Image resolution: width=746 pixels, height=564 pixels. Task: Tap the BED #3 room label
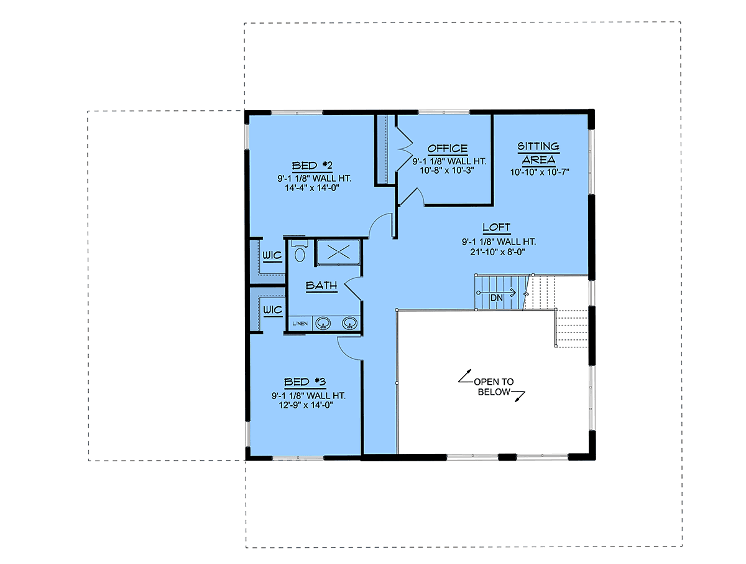(x=305, y=382)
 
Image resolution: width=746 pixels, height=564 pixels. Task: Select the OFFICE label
(x=447, y=148)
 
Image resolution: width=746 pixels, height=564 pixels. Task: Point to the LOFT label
(x=496, y=227)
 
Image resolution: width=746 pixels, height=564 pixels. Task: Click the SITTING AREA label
(x=538, y=153)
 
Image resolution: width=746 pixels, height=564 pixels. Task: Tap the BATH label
(x=321, y=285)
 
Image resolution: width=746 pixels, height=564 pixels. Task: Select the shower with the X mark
(x=338, y=252)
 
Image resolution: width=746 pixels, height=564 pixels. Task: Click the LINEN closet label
(x=300, y=323)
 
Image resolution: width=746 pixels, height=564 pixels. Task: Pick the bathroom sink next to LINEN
(x=323, y=323)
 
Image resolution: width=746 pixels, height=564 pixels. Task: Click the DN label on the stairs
(x=497, y=298)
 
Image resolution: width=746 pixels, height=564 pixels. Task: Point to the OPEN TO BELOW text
(x=494, y=387)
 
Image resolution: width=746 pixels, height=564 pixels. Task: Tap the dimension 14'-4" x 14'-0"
(x=312, y=188)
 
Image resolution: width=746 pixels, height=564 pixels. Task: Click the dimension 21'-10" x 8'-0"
(x=497, y=251)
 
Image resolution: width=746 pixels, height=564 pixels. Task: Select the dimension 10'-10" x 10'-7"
(x=540, y=172)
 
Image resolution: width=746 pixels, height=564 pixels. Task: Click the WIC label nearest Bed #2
(x=272, y=255)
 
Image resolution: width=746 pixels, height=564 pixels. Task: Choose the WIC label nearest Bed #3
(x=272, y=310)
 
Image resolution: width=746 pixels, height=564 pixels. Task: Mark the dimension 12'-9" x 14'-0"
(x=305, y=405)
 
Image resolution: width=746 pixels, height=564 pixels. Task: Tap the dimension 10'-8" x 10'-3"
(x=447, y=170)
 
